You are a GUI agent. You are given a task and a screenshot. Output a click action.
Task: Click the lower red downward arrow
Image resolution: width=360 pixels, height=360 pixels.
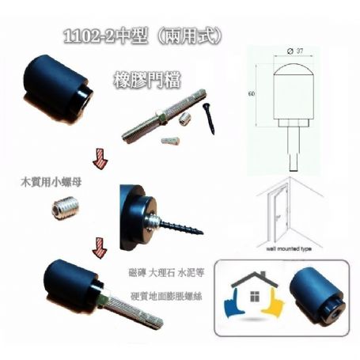pos(100,251)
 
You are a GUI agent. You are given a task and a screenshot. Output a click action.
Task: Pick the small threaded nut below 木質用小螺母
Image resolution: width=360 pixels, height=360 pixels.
pos(63,209)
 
